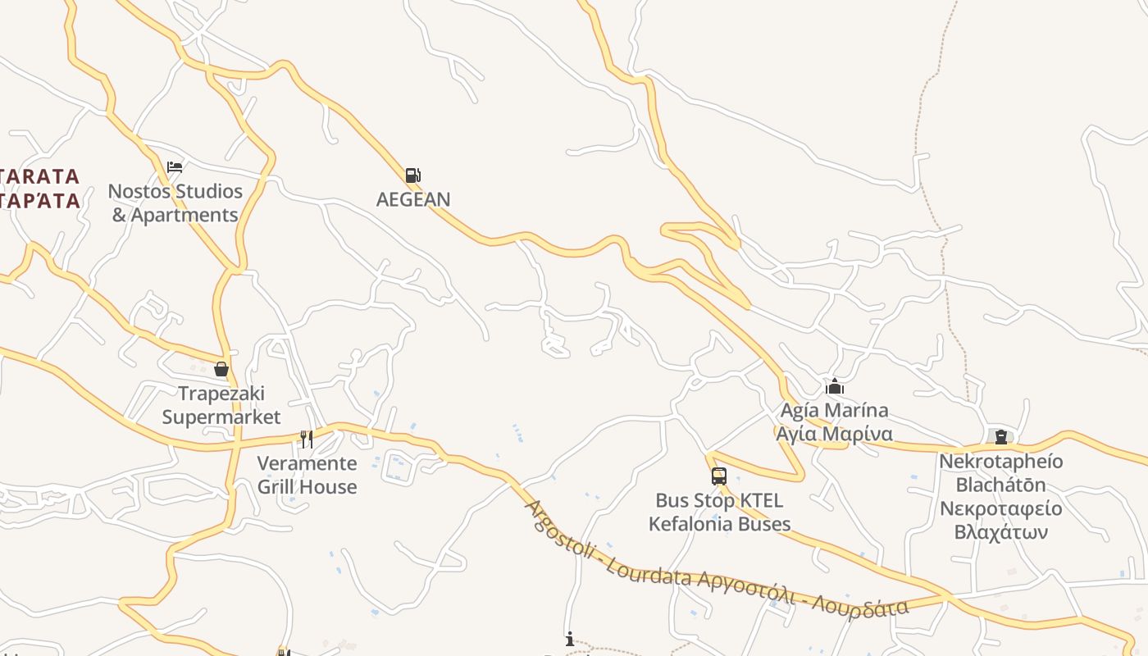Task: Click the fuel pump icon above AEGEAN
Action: tap(412, 175)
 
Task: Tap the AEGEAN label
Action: tap(413, 199)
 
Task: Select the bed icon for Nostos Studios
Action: tap(175, 167)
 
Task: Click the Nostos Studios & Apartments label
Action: tap(175, 203)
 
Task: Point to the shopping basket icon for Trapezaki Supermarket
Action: tap(221, 369)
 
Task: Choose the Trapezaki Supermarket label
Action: tap(221, 405)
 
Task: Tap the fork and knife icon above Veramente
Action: tap(307, 440)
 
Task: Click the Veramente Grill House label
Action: tap(307, 475)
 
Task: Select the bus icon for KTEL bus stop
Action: tap(719, 476)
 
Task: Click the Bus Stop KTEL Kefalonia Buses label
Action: tap(719, 512)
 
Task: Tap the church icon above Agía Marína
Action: tap(835, 386)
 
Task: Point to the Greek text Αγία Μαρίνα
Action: tap(835, 434)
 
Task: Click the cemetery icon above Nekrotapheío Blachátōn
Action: tap(1000, 437)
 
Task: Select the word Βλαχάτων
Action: tap(1001, 532)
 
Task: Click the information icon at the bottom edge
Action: tap(570, 639)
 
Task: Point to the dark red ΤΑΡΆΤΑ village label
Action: tap(41, 201)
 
